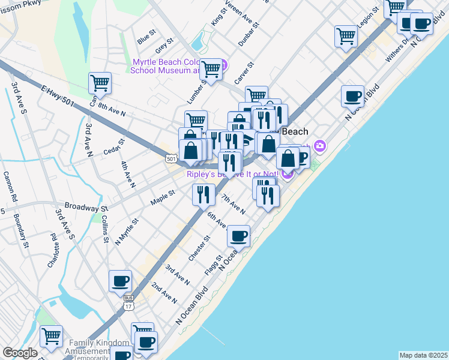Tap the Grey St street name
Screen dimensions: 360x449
point(163,45)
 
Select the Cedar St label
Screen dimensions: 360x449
point(113,146)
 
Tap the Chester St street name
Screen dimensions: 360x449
point(199,248)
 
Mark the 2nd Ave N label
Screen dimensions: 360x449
point(164,292)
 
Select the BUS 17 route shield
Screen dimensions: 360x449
point(128,302)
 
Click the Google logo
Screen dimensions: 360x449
point(20,353)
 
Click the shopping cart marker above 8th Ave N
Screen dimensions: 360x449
point(100,83)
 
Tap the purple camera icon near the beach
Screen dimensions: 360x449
point(320,145)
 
